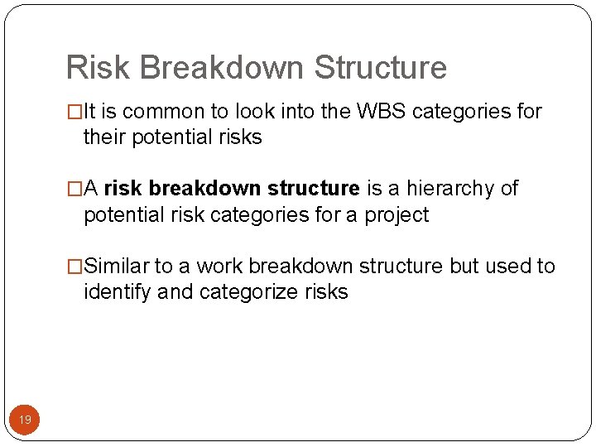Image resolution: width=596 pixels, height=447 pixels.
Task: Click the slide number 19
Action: pyautogui.click(x=25, y=421)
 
